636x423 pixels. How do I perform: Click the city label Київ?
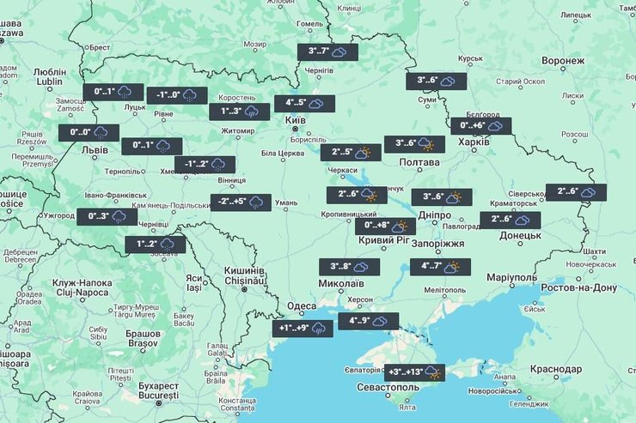[295, 121]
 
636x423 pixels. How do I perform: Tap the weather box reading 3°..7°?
[327, 52]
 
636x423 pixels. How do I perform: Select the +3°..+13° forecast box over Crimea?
[415, 372]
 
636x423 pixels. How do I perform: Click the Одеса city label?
[302, 306]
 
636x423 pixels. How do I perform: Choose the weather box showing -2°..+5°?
[241, 202]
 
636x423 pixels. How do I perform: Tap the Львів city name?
[94, 149]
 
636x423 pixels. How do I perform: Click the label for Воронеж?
[563, 61]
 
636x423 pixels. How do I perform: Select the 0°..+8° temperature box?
[385, 227]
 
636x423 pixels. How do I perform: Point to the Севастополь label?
[388, 388]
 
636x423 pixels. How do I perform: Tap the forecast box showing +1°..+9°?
[302, 328]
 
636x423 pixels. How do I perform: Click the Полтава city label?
[419, 161]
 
